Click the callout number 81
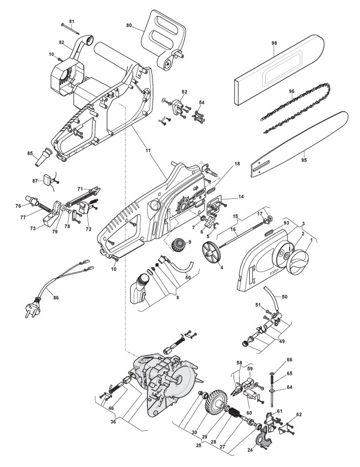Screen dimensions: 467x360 click(71, 21)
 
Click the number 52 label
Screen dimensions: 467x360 click(184, 92)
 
